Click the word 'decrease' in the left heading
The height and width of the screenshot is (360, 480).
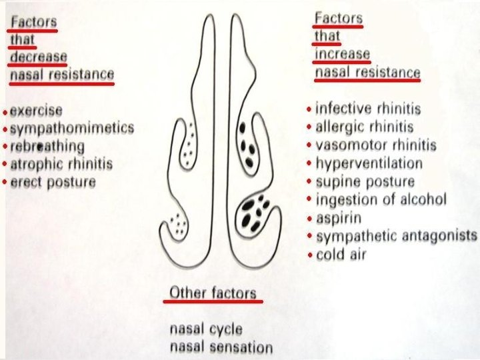pos(38,56)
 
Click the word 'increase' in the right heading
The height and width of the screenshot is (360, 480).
pos(342,54)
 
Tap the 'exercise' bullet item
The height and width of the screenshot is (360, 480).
pos(37,110)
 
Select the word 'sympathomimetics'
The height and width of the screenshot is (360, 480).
pos(73,128)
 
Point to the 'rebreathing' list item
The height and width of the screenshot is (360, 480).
pos(47,146)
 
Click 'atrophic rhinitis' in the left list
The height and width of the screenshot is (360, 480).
pos(61,164)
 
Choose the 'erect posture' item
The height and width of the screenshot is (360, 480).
pos(53,181)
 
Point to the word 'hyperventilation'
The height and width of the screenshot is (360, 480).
pos(369,163)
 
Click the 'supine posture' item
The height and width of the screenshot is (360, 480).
pos(365,181)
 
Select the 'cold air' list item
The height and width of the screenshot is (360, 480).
pos(341,255)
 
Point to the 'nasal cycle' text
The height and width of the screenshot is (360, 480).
pos(206,329)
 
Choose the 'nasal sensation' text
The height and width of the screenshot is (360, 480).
pos(221,347)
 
